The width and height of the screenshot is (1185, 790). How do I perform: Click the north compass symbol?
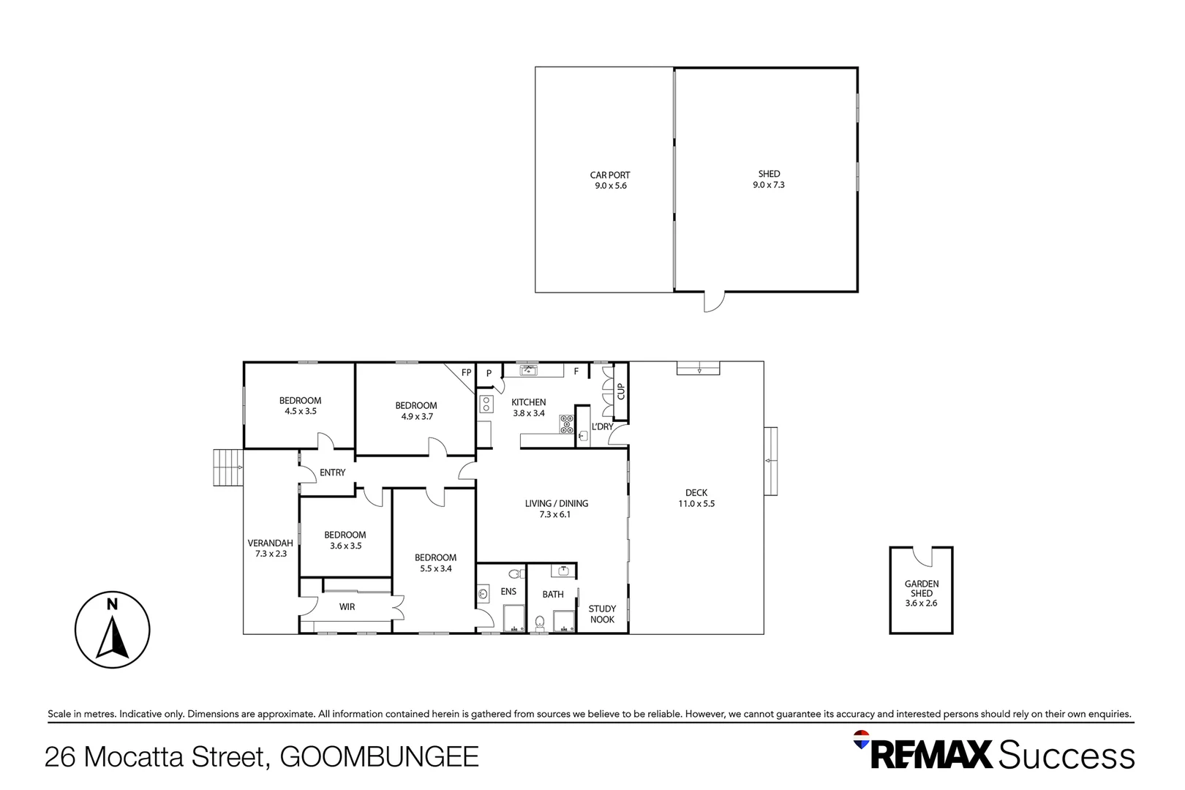112,630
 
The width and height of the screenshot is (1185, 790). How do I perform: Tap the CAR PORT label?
610,175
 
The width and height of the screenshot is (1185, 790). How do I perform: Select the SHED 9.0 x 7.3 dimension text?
769,184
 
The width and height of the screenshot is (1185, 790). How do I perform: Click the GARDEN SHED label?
922,588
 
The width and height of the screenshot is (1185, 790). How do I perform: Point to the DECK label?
696,492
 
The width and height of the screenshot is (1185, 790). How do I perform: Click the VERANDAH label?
271,543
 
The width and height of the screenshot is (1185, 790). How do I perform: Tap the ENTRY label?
333,473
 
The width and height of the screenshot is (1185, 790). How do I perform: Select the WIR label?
347,607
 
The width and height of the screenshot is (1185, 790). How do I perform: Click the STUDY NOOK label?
602,614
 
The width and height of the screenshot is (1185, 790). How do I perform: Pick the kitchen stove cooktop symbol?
567,424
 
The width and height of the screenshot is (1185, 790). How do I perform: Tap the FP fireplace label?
466,372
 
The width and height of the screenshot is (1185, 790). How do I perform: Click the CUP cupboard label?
621,391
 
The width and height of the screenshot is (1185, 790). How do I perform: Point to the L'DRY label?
602,426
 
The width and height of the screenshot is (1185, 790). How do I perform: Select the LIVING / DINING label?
557,503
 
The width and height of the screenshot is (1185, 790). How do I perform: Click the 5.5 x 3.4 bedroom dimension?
436,569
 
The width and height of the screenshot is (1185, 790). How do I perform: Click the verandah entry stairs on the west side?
228,467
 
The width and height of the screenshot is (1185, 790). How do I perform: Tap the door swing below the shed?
715,302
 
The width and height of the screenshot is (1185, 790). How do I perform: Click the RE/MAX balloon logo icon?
861,740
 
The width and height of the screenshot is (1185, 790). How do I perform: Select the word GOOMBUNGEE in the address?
379,756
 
